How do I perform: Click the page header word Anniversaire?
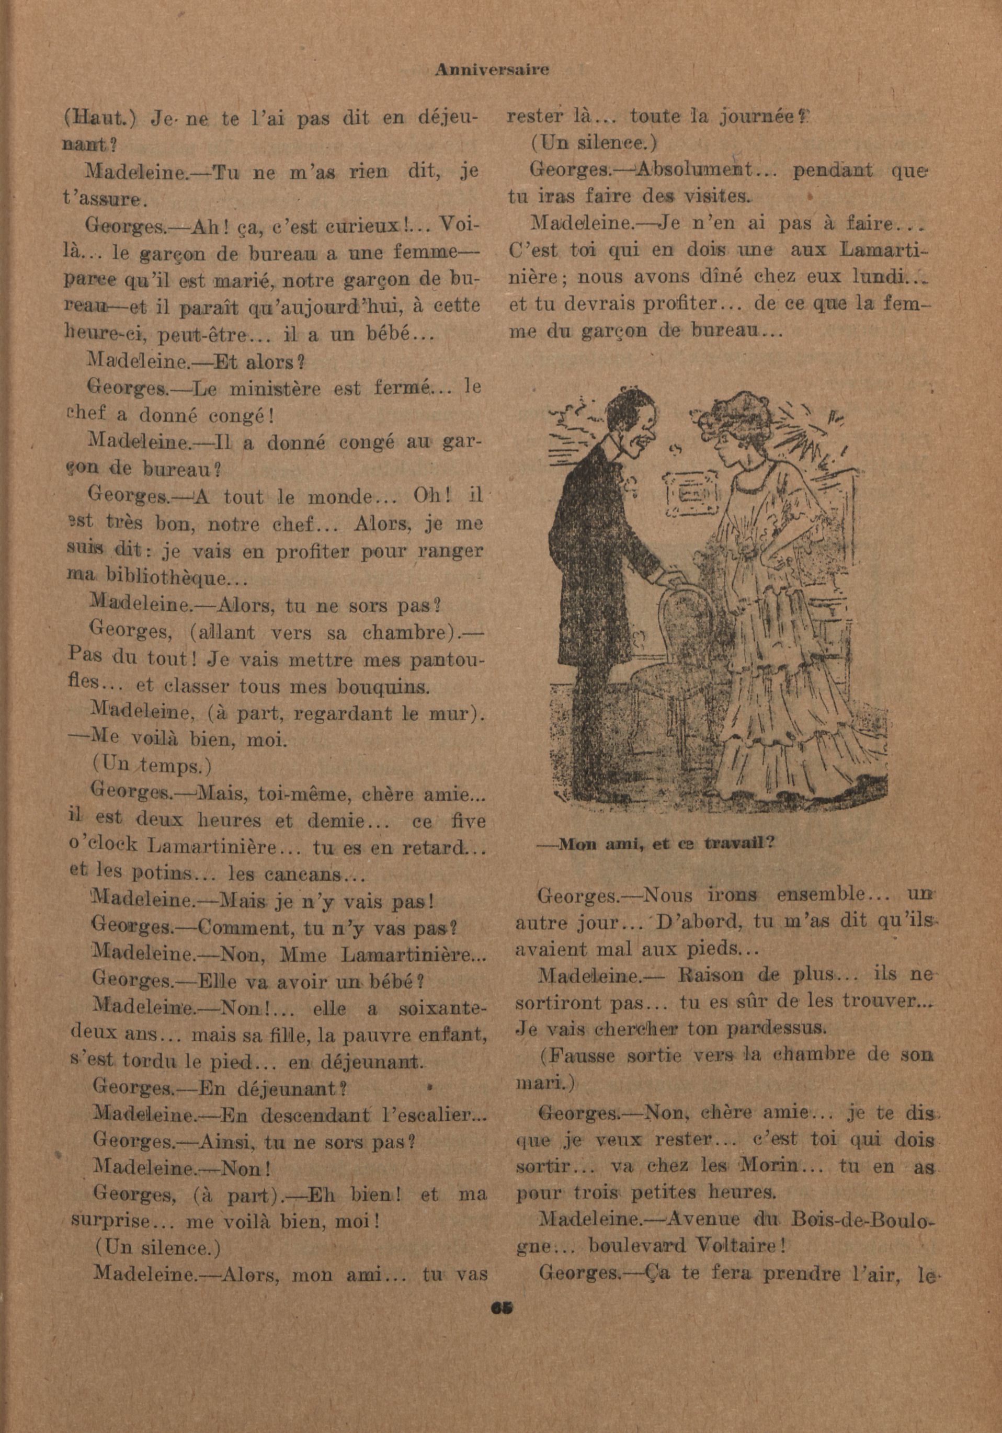[492, 71]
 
